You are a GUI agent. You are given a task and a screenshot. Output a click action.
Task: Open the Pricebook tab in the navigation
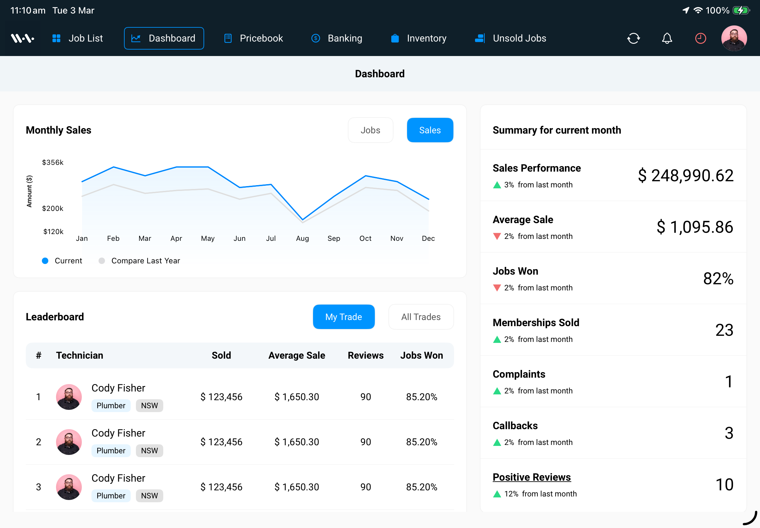(254, 38)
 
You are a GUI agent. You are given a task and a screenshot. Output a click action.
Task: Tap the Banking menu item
(337, 38)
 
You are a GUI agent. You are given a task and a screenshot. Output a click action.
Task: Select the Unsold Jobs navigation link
(510, 38)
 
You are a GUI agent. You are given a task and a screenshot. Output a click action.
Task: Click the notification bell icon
(667, 38)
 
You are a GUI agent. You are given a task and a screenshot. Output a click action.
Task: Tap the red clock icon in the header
(700, 38)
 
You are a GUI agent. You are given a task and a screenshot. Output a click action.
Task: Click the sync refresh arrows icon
(633, 38)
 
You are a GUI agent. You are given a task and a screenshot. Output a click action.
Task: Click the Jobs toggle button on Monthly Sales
(370, 130)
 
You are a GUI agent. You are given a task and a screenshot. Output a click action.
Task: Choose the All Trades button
(421, 316)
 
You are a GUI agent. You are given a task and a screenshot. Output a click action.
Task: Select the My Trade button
(343, 316)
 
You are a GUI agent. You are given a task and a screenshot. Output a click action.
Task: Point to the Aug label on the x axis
(302, 238)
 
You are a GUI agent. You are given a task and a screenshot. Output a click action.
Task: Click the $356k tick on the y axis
(52, 162)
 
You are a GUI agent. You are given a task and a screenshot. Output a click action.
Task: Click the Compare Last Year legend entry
(145, 261)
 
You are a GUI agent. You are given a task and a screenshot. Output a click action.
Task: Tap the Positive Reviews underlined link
(531, 477)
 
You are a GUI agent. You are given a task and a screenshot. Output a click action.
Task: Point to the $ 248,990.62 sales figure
(685, 175)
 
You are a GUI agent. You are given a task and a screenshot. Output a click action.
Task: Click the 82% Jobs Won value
(718, 278)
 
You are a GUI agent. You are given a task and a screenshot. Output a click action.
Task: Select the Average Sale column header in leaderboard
(297, 355)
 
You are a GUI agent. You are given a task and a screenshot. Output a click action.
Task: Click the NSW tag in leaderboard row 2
(149, 450)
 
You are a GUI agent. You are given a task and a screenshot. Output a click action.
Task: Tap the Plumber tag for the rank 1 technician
(111, 405)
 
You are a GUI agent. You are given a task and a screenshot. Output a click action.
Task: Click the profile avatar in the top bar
(734, 38)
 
